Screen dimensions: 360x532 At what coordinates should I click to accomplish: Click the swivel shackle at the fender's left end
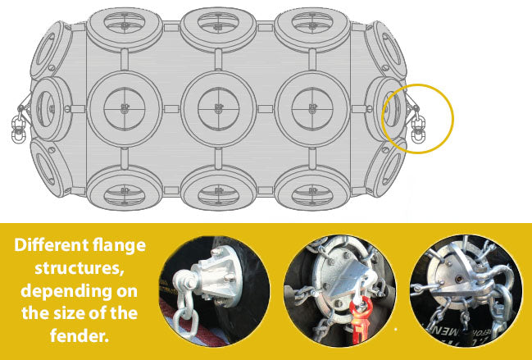click(x=16, y=125)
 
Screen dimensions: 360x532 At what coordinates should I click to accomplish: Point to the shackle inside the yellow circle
click(x=417, y=125)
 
